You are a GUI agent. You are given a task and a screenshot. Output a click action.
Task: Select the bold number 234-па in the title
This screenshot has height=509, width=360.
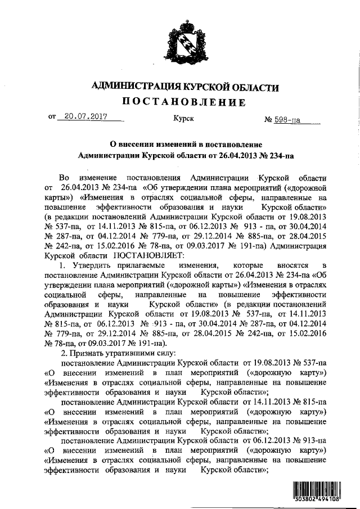point(281,154)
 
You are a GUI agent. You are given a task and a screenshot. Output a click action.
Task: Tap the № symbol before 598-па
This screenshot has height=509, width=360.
point(268,120)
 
